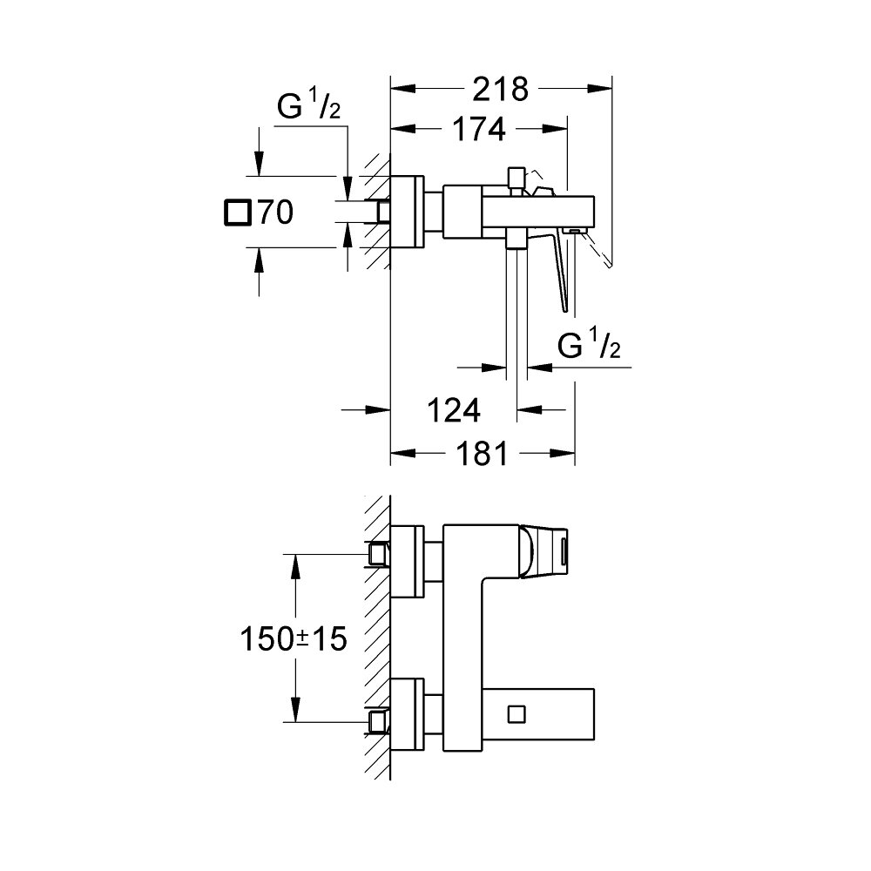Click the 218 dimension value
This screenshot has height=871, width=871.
tap(501, 89)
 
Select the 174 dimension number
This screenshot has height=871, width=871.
tap(478, 129)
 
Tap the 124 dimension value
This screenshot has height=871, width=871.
tap(453, 408)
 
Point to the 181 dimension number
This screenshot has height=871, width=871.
tap(480, 454)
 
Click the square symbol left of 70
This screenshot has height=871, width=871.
tap(236, 213)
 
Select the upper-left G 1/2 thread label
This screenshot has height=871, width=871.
tap(308, 109)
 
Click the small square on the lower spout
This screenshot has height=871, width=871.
tap(517, 713)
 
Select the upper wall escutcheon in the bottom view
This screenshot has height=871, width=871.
tap(407, 562)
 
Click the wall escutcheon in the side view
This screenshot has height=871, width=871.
tap(407, 212)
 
